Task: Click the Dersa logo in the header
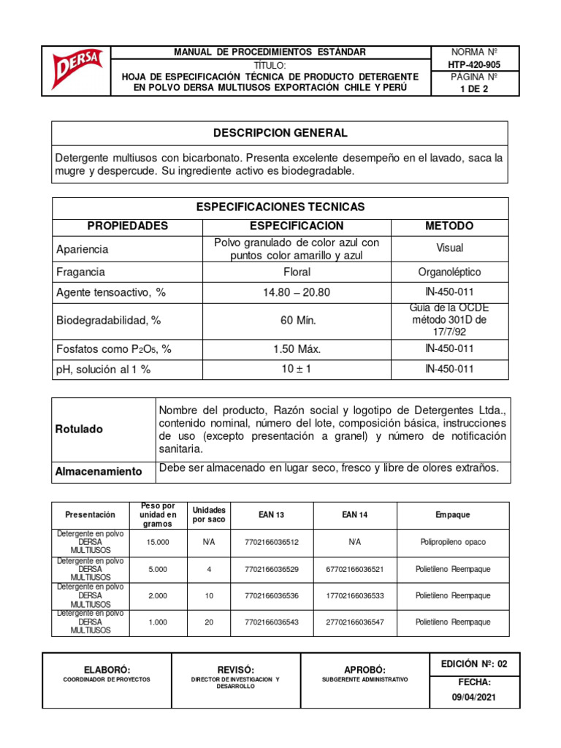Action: (77, 70)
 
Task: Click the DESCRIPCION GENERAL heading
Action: (280, 133)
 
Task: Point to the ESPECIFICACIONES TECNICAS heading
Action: (280, 207)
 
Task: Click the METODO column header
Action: (449, 226)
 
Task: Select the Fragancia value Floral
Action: (297, 272)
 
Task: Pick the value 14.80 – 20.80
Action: (297, 292)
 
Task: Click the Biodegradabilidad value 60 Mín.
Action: (297, 321)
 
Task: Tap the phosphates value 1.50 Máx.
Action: (297, 349)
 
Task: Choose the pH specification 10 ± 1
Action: (297, 369)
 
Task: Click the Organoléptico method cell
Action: (449, 272)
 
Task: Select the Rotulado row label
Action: (80, 430)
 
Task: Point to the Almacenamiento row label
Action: (99, 471)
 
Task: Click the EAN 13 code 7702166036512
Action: (271, 542)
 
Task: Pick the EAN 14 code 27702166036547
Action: (354, 622)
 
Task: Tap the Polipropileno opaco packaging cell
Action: (453, 542)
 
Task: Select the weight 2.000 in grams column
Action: (157, 595)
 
